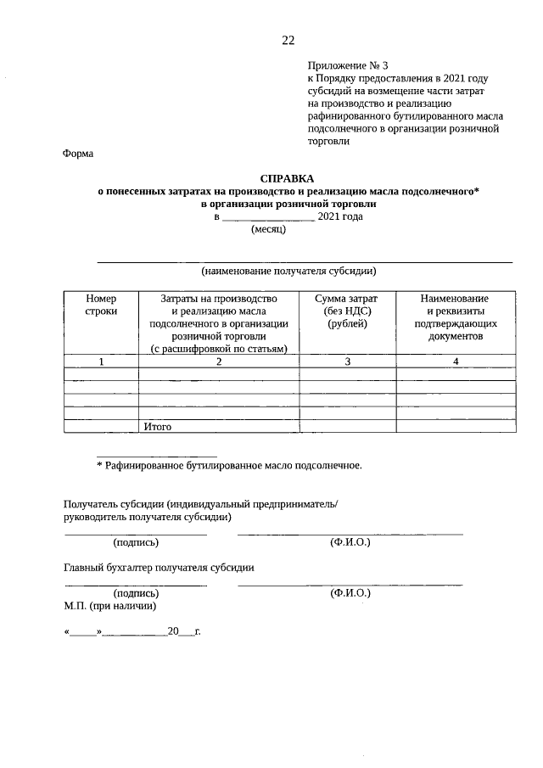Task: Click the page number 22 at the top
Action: pyautogui.click(x=288, y=41)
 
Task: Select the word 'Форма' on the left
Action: pyautogui.click(x=78, y=154)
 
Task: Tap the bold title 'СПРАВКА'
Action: pyautogui.click(x=287, y=178)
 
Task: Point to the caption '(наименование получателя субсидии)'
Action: pyautogui.click(x=288, y=272)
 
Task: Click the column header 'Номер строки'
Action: pyautogui.click(x=101, y=306)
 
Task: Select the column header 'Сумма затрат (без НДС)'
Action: pyautogui.click(x=346, y=311)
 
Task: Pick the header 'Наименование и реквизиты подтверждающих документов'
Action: pyautogui.click(x=456, y=317)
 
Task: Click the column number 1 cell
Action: pyautogui.click(x=101, y=362)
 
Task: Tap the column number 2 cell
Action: pyautogui.click(x=219, y=362)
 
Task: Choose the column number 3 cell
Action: pyautogui.click(x=346, y=362)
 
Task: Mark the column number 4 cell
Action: pyautogui.click(x=456, y=362)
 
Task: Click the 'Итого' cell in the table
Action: pyautogui.click(x=158, y=427)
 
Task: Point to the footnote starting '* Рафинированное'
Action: pyautogui.click(x=229, y=465)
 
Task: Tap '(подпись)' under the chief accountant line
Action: pyautogui.click(x=136, y=594)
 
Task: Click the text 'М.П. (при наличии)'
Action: pyautogui.click(x=109, y=607)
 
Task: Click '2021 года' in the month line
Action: pyautogui.click(x=339, y=216)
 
